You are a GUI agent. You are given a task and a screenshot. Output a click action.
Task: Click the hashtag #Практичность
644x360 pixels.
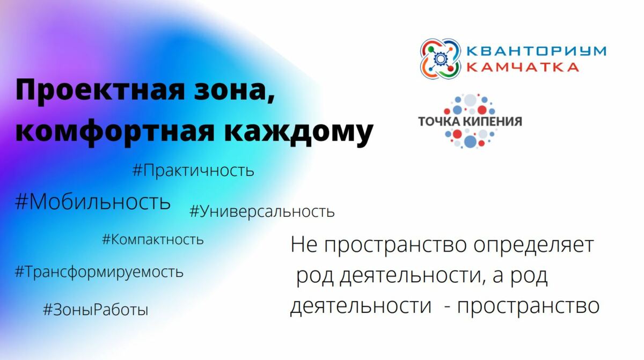click(x=193, y=171)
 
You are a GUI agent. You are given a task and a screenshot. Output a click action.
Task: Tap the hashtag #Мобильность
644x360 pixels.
click(x=92, y=202)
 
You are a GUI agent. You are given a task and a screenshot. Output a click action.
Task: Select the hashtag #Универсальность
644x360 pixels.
click(x=262, y=212)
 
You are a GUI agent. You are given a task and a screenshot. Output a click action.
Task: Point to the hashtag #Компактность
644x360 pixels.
click(x=152, y=239)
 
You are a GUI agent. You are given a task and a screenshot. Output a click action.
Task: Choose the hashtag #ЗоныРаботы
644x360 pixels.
click(x=96, y=310)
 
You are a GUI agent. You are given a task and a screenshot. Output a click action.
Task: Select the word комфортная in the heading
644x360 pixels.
click(x=115, y=131)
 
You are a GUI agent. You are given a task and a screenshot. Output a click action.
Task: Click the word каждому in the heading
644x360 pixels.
click(x=299, y=131)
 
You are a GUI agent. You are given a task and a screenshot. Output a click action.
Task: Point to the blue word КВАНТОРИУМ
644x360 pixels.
click(x=536, y=51)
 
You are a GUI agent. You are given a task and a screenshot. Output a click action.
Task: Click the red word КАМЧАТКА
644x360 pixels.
click(x=522, y=67)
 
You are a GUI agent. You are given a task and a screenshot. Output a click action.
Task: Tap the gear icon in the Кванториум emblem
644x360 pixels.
click(x=440, y=59)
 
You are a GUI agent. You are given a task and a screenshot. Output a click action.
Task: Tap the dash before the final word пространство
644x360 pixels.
click(x=447, y=307)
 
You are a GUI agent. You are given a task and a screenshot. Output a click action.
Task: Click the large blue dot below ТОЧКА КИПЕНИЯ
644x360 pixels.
click(x=470, y=141)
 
